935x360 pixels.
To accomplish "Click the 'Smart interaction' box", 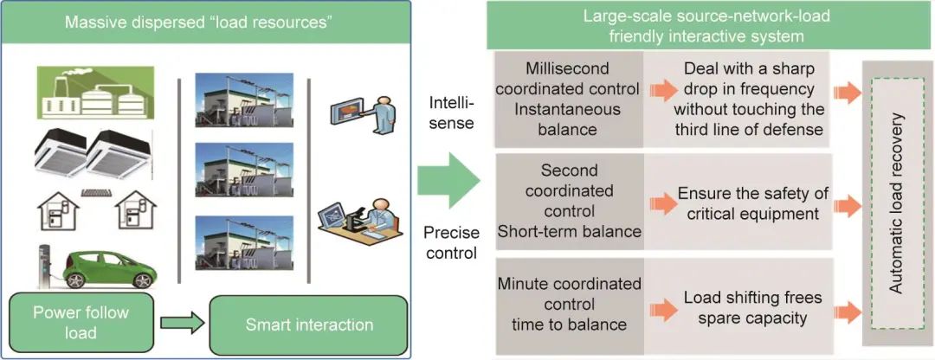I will [x=308, y=325].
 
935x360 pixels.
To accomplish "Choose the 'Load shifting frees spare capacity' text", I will [x=741, y=307].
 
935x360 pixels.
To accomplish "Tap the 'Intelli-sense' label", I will [x=449, y=112].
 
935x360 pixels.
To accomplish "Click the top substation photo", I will [x=244, y=101].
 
